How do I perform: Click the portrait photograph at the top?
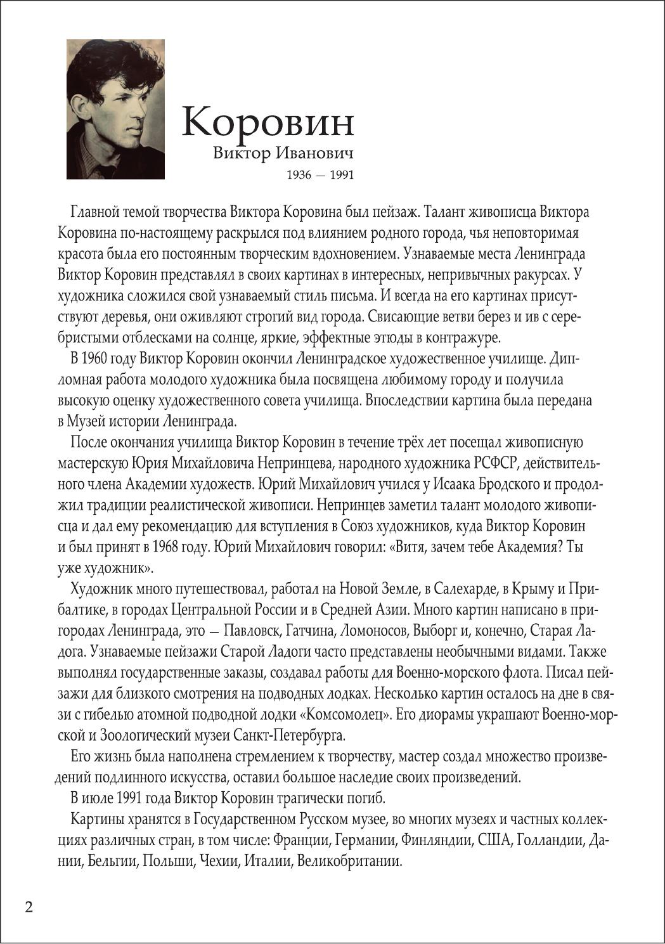(115, 109)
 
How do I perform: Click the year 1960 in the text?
(94, 359)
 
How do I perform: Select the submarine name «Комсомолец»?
(345, 714)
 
